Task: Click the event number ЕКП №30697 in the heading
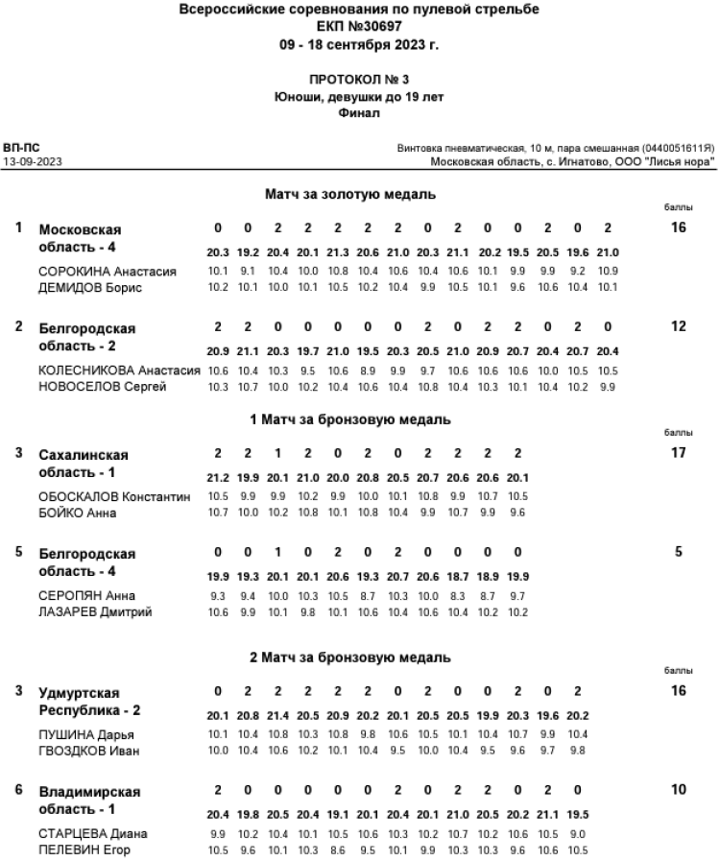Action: pyautogui.click(x=359, y=27)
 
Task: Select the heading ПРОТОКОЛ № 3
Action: pyautogui.click(x=359, y=81)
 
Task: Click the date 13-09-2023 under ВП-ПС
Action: pyautogui.click(x=32, y=162)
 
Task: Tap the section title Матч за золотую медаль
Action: pyautogui.click(x=350, y=194)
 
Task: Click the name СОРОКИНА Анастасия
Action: pyautogui.click(x=108, y=272)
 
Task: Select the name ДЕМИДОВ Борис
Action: pyautogui.click(x=90, y=287)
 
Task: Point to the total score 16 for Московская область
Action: pyautogui.click(x=678, y=227)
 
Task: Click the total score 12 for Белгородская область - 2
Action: pyautogui.click(x=678, y=326)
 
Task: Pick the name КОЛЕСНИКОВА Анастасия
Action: pyautogui.click(x=119, y=371)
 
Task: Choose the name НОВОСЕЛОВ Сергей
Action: pyautogui.click(x=103, y=386)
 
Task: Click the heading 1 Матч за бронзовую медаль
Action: pyautogui.click(x=350, y=419)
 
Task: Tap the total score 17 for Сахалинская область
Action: pyautogui.click(x=678, y=452)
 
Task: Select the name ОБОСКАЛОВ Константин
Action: pyautogui.click(x=114, y=497)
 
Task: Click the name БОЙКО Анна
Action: pyautogui.click(x=78, y=513)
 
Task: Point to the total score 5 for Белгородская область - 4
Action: pyautogui.click(x=678, y=552)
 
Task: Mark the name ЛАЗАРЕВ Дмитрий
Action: pyautogui.click(x=95, y=611)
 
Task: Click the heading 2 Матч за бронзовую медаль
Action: pyautogui.click(x=350, y=658)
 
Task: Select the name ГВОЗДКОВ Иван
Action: pyautogui.click(x=89, y=750)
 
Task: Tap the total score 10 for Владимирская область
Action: pyautogui.click(x=678, y=789)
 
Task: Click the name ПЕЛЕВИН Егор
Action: pyautogui.click(x=84, y=849)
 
